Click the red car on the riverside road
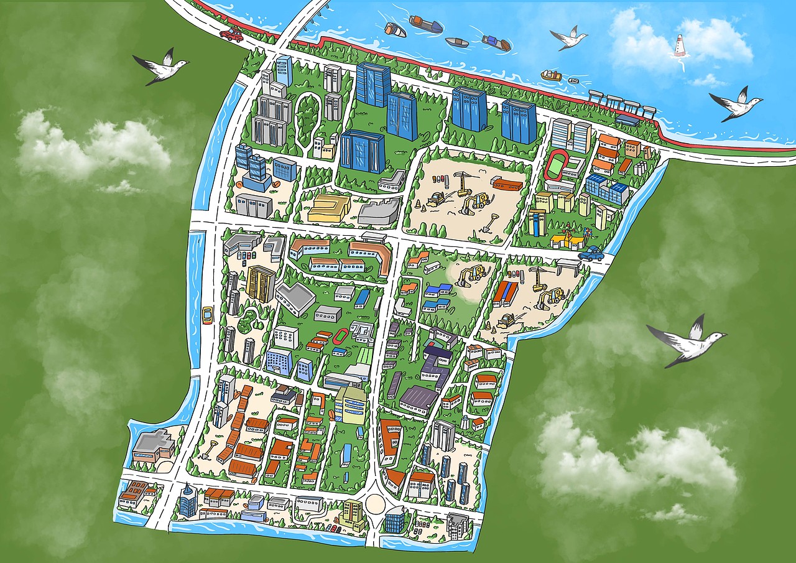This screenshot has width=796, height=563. click(231, 34)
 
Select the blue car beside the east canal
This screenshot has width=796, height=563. click(591, 253)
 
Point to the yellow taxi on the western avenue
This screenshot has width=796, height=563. click(207, 314)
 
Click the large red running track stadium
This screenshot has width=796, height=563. click(552, 164)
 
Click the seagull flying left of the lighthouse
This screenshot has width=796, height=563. click(569, 39)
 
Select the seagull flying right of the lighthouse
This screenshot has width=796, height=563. click(738, 104)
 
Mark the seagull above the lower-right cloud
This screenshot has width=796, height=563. click(689, 342)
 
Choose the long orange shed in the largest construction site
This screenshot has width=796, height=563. click(508, 184)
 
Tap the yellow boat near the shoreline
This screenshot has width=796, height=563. click(551, 75)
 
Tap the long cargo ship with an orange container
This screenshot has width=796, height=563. click(426, 25)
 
